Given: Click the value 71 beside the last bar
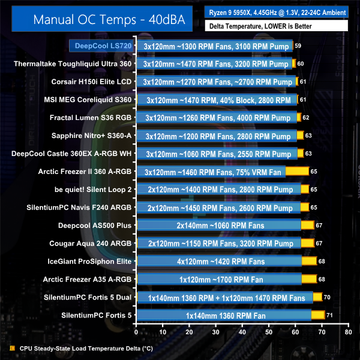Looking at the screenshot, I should [x=331, y=315].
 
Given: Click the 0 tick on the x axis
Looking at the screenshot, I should [x=137, y=331].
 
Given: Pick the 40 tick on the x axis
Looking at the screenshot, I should [x=242, y=331].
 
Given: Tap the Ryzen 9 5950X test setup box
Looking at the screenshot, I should [x=276, y=12].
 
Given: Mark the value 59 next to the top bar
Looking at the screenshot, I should [x=299, y=46].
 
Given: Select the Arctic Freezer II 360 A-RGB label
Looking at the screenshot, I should [x=91, y=171].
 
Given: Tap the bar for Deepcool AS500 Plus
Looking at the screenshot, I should [x=225, y=225].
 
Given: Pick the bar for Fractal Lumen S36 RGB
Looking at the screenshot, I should [x=218, y=118].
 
